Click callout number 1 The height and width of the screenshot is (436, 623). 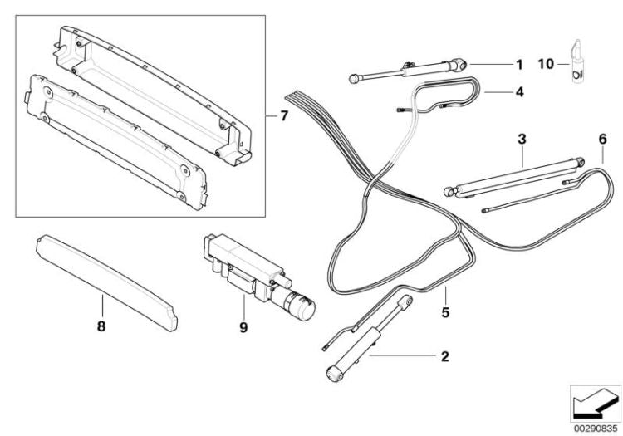point(519,64)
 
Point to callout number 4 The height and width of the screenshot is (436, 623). point(518,93)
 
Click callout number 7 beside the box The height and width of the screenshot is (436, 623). point(283,115)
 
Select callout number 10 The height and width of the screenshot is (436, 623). point(544,64)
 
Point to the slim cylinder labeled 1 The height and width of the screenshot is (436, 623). point(407,70)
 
